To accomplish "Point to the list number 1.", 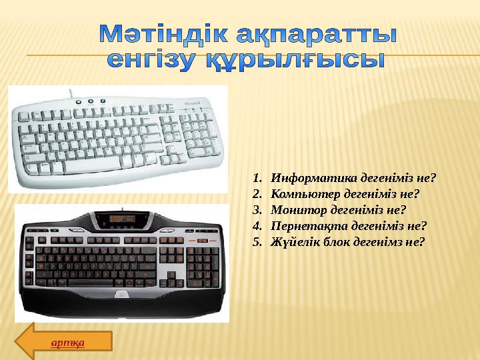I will click(x=257, y=179).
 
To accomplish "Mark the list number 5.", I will click(x=257, y=241).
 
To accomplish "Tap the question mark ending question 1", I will click(x=433, y=179).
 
